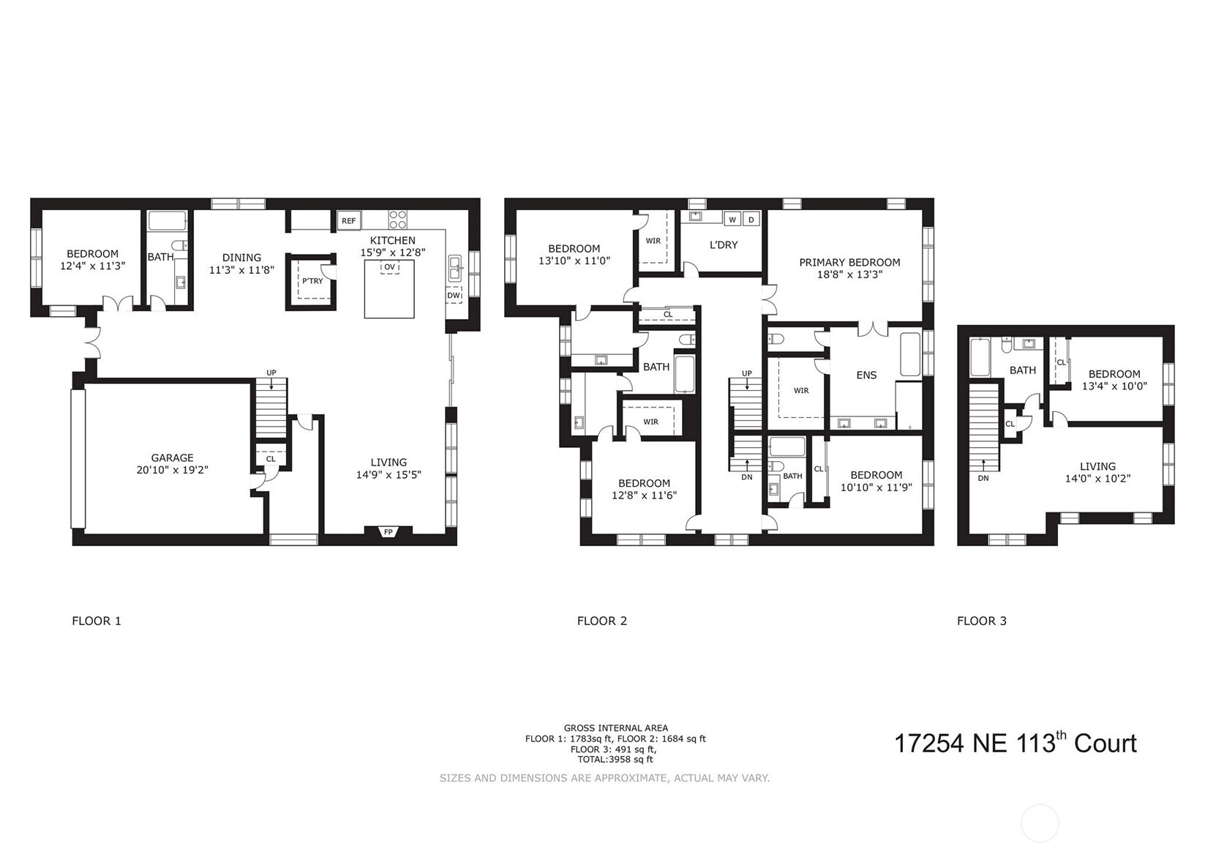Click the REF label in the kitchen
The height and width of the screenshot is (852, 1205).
[x=348, y=220]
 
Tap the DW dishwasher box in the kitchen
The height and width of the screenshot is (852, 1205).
[x=454, y=296]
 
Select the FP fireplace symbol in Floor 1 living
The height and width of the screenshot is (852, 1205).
[x=388, y=532]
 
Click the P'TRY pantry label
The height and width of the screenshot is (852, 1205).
[x=312, y=280]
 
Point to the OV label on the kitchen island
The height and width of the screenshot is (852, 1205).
[x=389, y=267]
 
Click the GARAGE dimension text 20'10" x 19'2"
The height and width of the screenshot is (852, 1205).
[x=173, y=470]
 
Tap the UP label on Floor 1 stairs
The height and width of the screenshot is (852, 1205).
[x=271, y=373]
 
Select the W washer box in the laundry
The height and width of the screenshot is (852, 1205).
[x=732, y=219]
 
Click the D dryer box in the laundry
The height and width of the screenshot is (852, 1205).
[x=751, y=219]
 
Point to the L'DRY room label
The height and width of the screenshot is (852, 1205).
[x=724, y=244]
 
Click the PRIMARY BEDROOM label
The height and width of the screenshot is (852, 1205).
[x=849, y=262]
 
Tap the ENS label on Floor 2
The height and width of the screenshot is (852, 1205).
[x=866, y=375]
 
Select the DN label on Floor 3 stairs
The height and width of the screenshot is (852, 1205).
[x=983, y=478]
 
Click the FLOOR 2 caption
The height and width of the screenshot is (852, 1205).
[x=601, y=621]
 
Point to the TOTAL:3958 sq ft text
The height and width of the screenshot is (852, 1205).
[x=615, y=759]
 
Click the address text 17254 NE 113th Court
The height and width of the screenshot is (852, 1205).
[x=1015, y=744]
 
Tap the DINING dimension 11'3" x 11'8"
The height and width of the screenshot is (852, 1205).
[x=241, y=269]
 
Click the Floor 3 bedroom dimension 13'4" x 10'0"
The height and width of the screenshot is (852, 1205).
[x=1114, y=386]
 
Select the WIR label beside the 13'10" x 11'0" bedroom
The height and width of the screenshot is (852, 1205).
[x=653, y=241]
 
